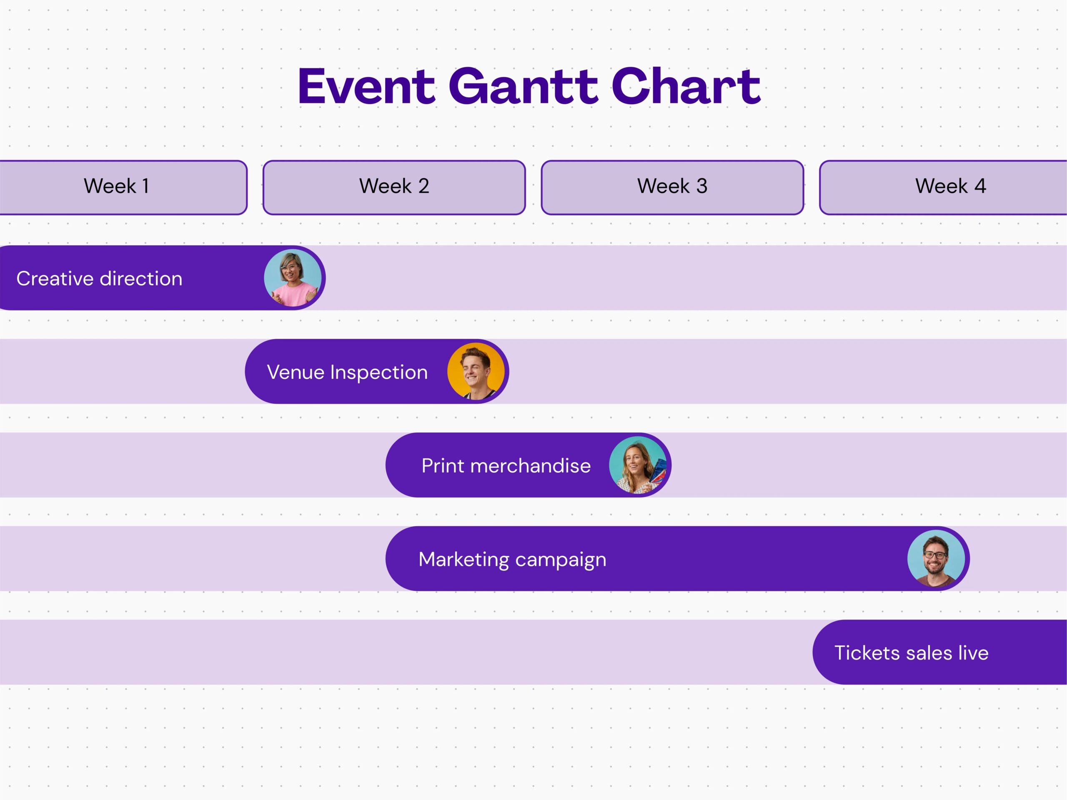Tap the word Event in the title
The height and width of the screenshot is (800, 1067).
click(367, 87)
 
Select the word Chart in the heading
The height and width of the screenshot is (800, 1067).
click(686, 87)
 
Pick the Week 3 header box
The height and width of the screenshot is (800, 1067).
click(672, 187)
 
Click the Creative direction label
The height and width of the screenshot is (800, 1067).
click(99, 279)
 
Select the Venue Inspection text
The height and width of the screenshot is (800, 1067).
click(347, 372)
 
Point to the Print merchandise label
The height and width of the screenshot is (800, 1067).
click(506, 466)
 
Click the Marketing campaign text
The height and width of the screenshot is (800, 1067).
click(512, 559)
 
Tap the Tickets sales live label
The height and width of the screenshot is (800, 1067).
click(911, 653)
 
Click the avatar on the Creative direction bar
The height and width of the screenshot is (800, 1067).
click(292, 278)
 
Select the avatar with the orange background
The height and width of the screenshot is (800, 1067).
click(476, 371)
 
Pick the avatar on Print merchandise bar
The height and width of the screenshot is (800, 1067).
click(638, 465)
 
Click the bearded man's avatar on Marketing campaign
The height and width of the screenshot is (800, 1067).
click(936, 558)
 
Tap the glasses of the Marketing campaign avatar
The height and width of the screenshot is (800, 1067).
click(935, 555)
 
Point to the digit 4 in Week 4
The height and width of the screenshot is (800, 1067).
click(980, 186)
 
